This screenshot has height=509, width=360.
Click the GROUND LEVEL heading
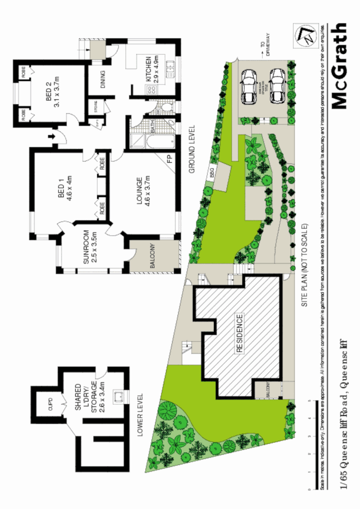click(192, 150)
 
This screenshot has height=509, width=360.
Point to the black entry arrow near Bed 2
click(52, 136)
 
